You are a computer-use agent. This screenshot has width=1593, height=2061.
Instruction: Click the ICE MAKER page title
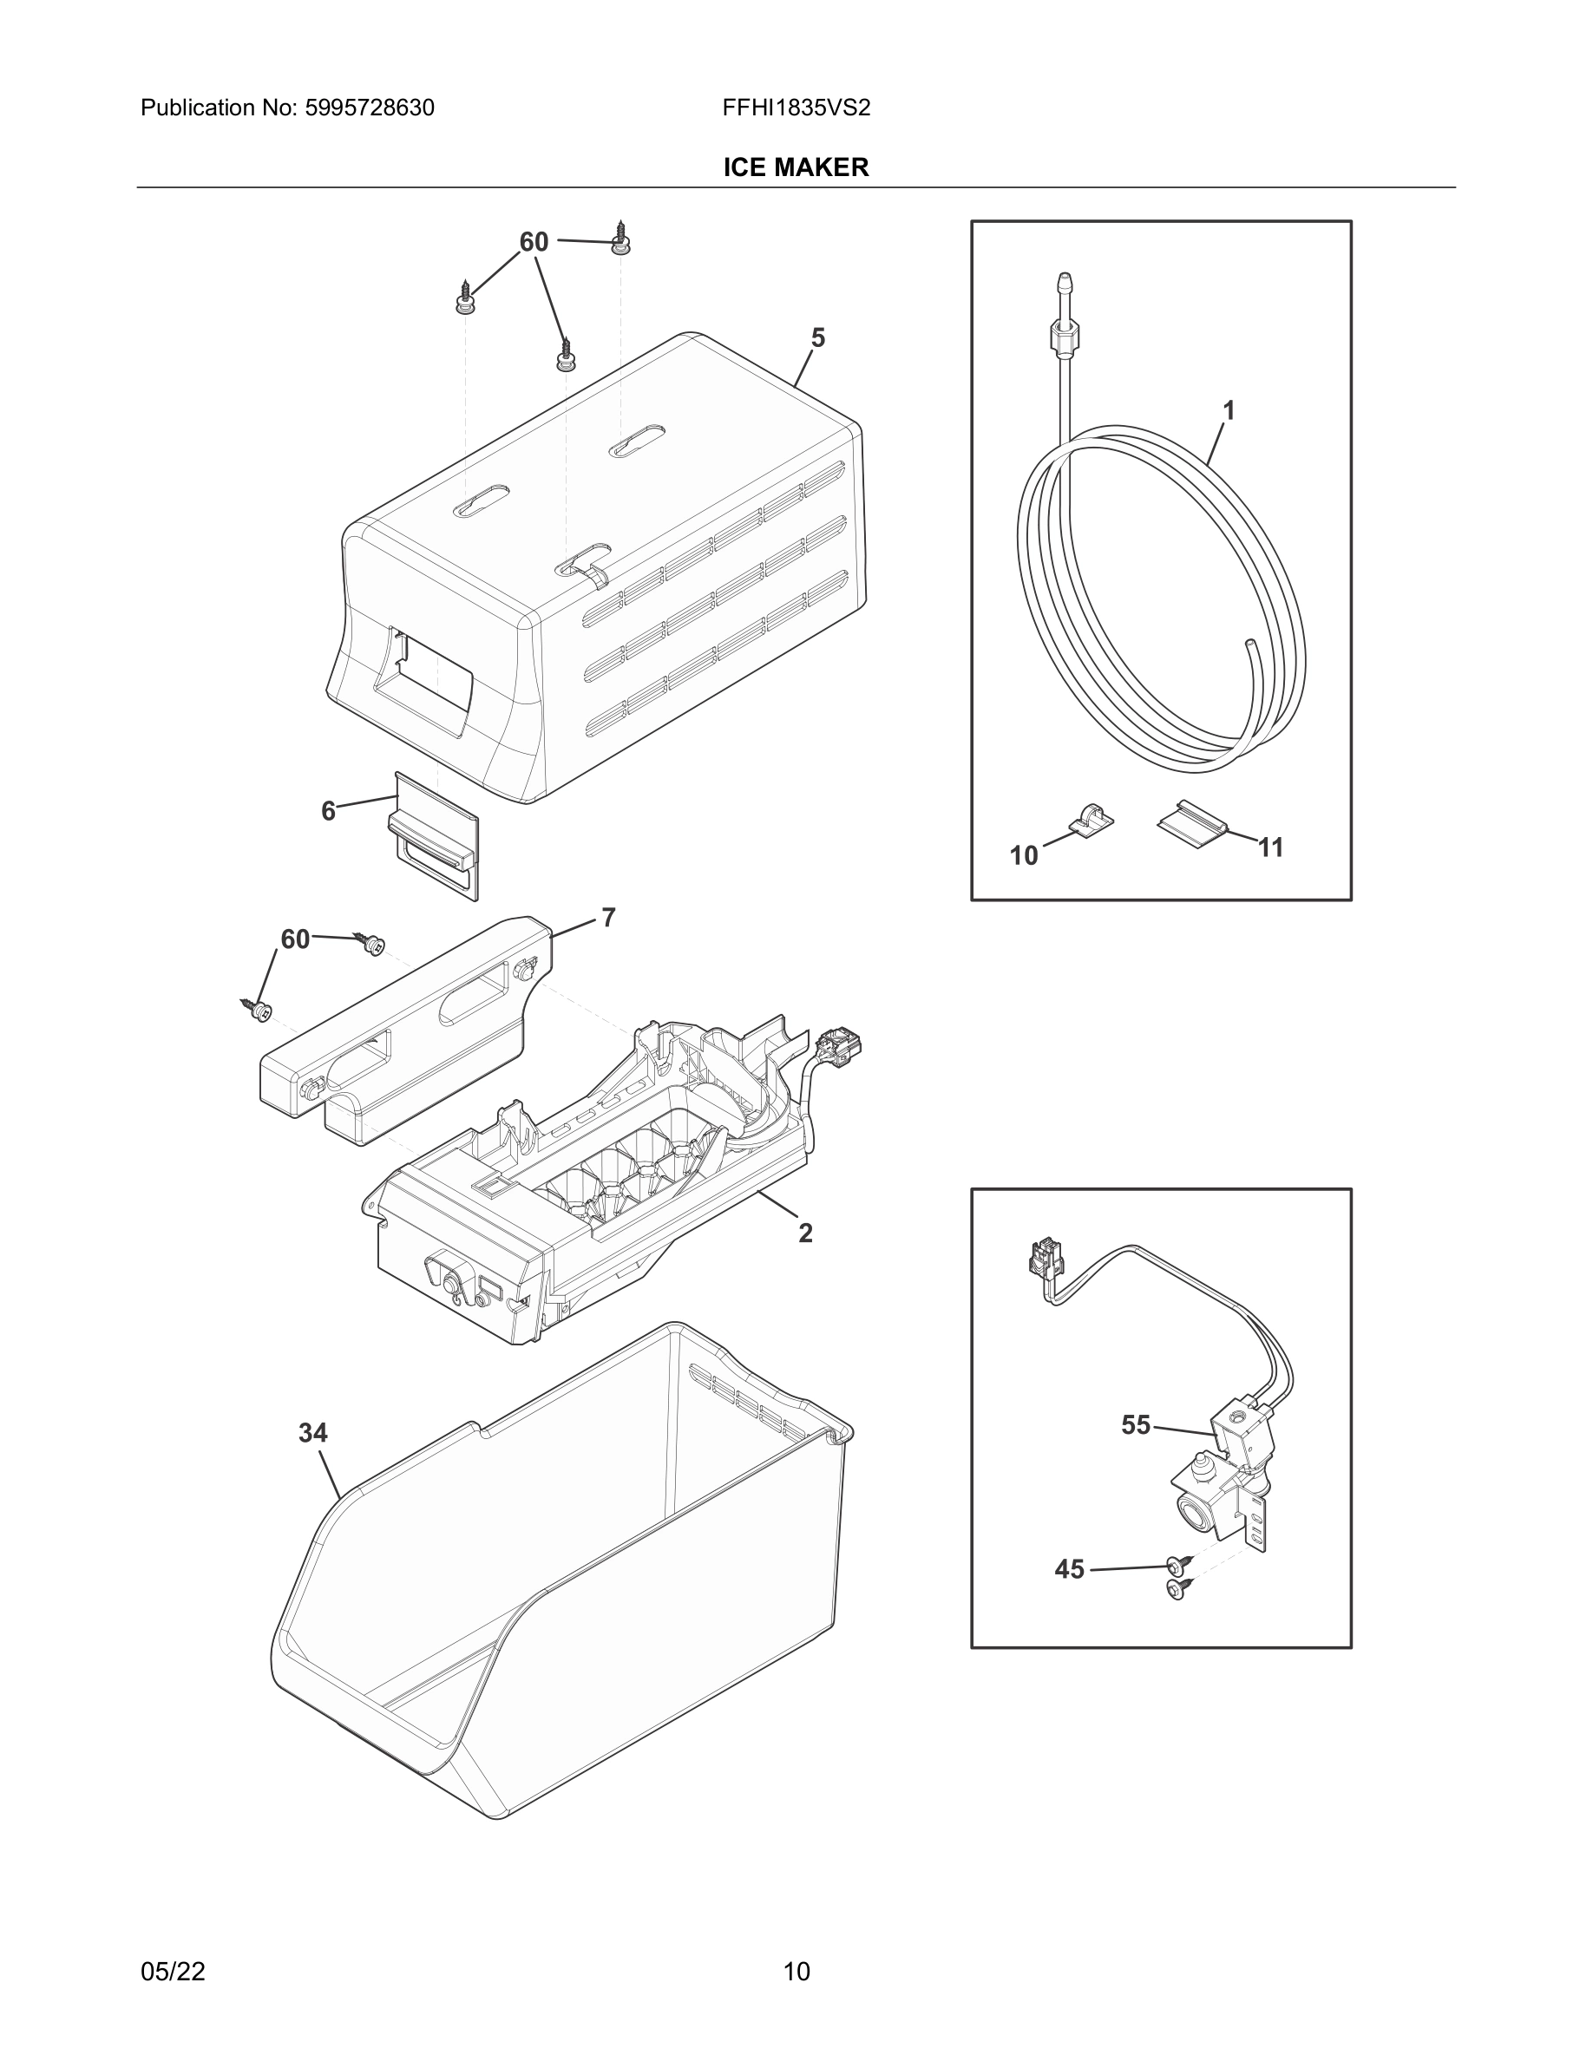pyautogui.click(x=796, y=167)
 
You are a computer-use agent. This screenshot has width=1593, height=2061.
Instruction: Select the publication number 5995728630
pyautogui.click(x=369, y=108)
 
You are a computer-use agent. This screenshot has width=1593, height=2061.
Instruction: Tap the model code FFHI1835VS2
pyautogui.click(x=796, y=108)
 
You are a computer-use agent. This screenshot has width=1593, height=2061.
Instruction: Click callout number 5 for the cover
pyautogui.click(x=817, y=337)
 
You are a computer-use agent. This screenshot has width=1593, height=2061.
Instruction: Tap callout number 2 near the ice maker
pyautogui.click(x=805, y=1233)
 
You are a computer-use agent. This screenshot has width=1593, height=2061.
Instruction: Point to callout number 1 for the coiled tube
pyautogui.click(x=1229, y=410)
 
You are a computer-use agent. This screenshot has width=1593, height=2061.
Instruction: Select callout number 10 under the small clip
pyautogui.click(x=1023, y=855)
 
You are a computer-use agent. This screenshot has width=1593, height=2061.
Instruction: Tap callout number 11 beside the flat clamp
pyautogui.click(x=1270, y=847)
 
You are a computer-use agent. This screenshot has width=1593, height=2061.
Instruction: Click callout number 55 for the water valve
pyautogui.click(x=1135, y=1424)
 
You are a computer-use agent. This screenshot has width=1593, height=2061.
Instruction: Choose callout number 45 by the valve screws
pyautogui.click(x=1068, y=1568)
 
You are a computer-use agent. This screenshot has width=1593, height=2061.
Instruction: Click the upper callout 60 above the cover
pyautogui.click(x=534, y=243)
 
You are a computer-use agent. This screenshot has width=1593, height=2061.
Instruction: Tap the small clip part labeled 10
pyautogui.click(x=1091, y=818)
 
